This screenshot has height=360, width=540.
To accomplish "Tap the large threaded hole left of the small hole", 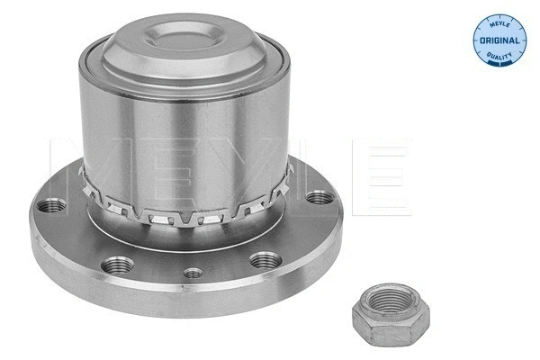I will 113,265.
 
